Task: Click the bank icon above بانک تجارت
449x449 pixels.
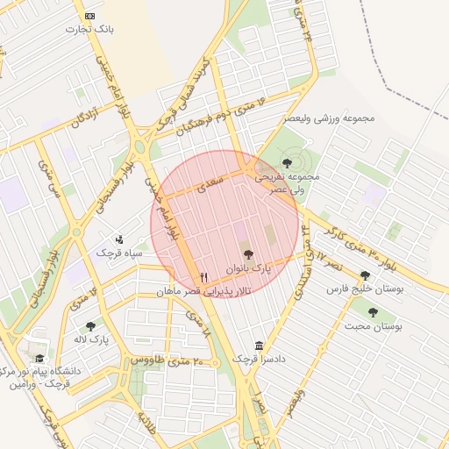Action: coord(90,17)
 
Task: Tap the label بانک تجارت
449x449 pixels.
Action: coord(90,30)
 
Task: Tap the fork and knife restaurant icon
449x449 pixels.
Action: coord(203,277)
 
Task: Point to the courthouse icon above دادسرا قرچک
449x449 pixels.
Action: coord(259,346)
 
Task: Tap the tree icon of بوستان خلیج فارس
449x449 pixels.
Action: coord(365,275)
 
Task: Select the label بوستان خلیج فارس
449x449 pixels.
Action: coord(363,289)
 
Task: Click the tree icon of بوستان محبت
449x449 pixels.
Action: coord(373,312)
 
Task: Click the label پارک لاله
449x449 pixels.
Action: coord(91,339)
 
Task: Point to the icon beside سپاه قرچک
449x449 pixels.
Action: coord(119,239)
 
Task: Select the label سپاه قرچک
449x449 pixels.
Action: coord(119,253)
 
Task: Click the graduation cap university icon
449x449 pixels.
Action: coord(39,358)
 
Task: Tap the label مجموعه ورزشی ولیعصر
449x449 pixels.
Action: coord(329,118)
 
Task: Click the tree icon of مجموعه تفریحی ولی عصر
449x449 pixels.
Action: coord(288,162)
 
